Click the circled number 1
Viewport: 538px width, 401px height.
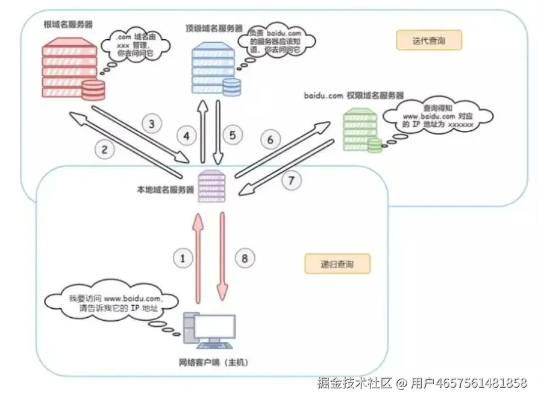point(183,258)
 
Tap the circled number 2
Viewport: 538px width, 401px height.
point(104,150)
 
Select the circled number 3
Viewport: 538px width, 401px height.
point(152,125)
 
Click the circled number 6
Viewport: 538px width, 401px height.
point(271,140)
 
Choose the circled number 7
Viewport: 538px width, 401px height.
point(291,180)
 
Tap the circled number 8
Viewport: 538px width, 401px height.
point(243,259)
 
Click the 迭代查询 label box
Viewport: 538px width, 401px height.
point(428,40)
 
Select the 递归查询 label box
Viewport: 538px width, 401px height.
point(337,264)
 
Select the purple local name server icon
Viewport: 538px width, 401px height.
point(211,185)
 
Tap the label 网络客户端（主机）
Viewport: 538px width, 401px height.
point(213,362)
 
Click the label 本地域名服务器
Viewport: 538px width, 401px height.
point(165,189)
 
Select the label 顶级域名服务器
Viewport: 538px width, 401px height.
point(214,28)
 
